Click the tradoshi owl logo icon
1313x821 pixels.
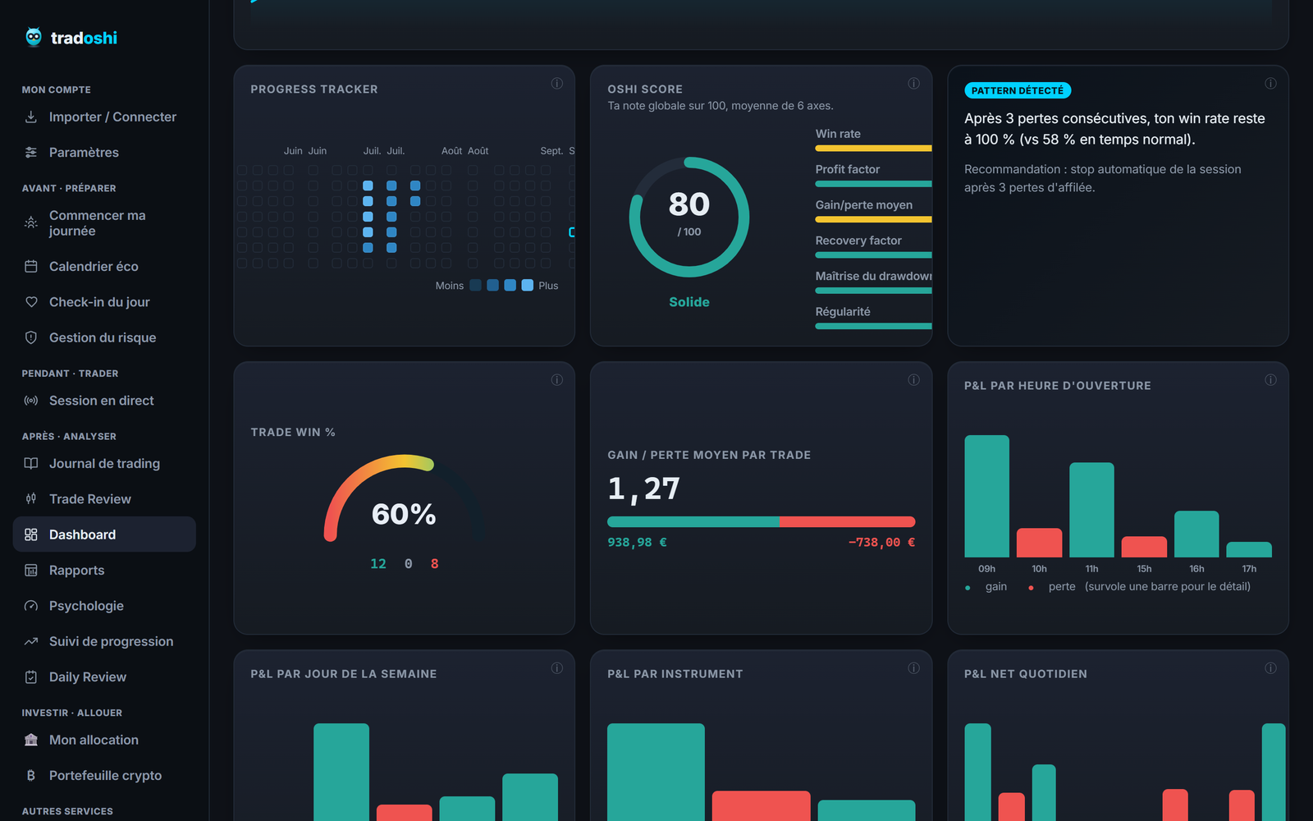pyautogui.click(x=34, y=37)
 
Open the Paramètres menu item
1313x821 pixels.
pyautogui.click(x=84, y=153)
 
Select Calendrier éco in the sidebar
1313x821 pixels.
pyautogui.click(x=94, y=266)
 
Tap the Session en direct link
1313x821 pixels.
pyautogui.click(x=102, y=401)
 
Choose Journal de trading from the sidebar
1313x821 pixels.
pyautogui.click(x=104, y=463)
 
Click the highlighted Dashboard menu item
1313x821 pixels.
pyautogui.click(x=104, y=534)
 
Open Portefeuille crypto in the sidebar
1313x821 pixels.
pyautogui.click(x=106, y=775)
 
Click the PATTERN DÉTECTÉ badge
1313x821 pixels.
pyautogui.click(x=1018, y=90)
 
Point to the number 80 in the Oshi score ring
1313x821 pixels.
pyautogui.click(x=689, y=204)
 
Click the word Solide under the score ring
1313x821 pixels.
pyautogui.click(x=689, y=302)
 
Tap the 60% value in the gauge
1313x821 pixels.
pyautogui.click(x=404, y=514)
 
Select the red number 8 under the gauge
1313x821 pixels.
pyautogui.click(x=434, y=563)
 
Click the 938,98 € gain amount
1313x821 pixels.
pyautogui.click(x=637, y=543)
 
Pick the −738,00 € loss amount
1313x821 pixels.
pyautogui.click(x=881, y=543)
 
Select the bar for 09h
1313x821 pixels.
pyautogui.click(x=987, y=496)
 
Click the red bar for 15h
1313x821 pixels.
pyautogui.click(x=1144, y=547)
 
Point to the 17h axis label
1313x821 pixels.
pyautogui.click(x=1249, y=569)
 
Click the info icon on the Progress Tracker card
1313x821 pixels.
pyautogui.click(x=557, y=83)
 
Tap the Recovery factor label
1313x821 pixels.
pyautogui.click(x=858, y=241)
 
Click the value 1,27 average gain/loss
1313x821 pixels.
pyautogui.click(x=643, y=488)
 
